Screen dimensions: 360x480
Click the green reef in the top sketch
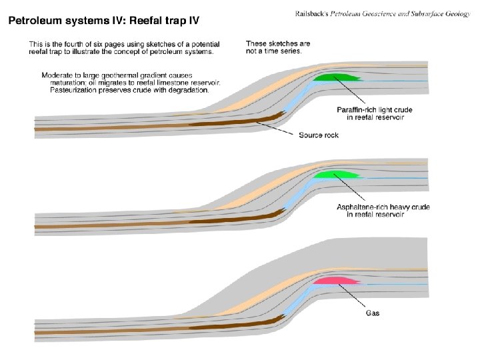[x=337, y=78]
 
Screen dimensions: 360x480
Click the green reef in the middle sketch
[x=336, y=175]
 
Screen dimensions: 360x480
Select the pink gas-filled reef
[x=337, y=281]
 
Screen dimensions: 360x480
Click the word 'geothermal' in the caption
[x=130, y=75]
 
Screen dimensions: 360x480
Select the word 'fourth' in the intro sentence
[x=83, y=44]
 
